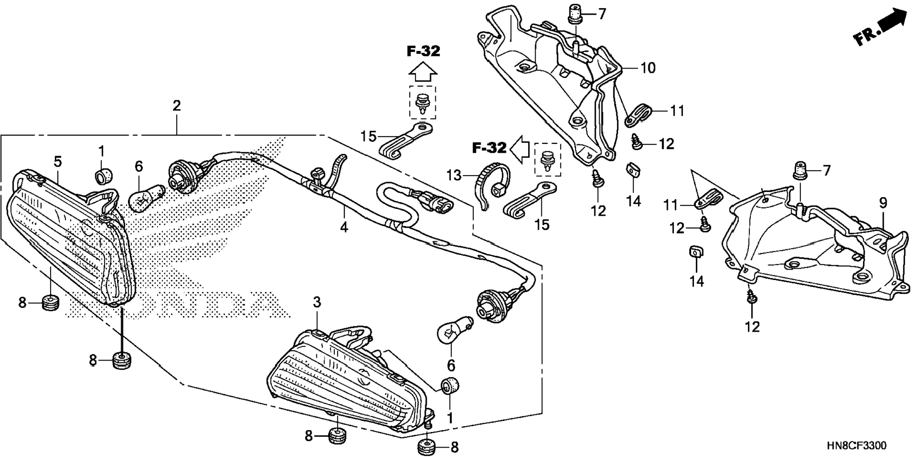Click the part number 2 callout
pyautogui.click(x=177, y=105)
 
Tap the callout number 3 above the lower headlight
pyautogui.click(x=317, y=302)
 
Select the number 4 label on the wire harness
pyautogui.click(x=344, y=227)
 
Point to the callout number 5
pyautogui.click(x=57, y=162)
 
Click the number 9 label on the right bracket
pyautogui.click(x=883, y=203)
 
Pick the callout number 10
pyautogui.click(x=647, y=68)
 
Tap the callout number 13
pyautogui.click(x=453, y=176)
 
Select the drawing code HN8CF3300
pyautogui.click(x=856, y=446)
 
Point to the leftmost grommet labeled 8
pyautogui.click(x=50, y=302)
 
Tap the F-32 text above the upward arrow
pyautogui.click(x=423, y=51)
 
